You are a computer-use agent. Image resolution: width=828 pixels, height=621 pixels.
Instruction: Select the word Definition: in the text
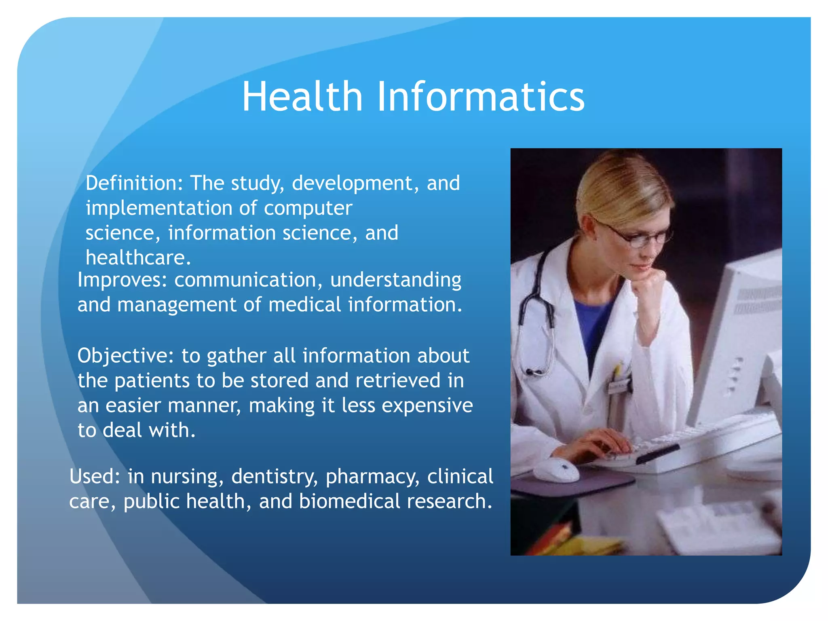point(135,183)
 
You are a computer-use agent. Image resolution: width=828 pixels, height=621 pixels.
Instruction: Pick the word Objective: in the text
point(126,356)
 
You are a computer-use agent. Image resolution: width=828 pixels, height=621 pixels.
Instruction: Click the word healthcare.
point(138,258)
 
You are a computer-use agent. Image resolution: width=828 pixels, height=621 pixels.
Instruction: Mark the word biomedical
point(349,501)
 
